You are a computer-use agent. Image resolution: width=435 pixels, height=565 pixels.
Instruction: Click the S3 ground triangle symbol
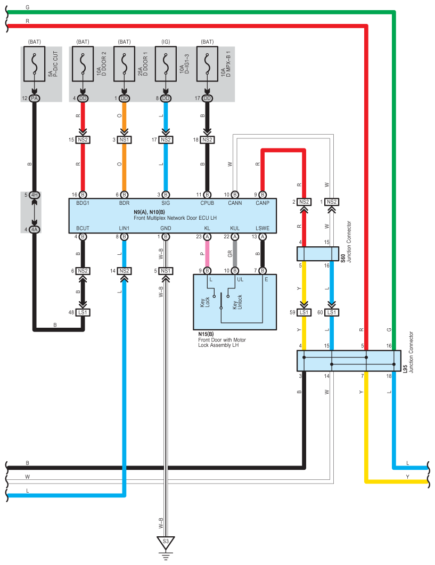(x=166, y=542)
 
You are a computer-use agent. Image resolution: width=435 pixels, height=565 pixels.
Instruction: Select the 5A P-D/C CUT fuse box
(x=34, y=64)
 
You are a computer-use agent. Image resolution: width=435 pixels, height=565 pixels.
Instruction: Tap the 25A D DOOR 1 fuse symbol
(x=124, y=64)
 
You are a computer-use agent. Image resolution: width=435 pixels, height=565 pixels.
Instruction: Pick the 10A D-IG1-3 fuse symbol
(x=166, y=64)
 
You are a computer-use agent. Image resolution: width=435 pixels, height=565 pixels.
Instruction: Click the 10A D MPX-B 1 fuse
(x=207, y=64)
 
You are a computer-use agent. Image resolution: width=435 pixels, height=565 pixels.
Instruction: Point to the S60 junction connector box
(x=318, y=254)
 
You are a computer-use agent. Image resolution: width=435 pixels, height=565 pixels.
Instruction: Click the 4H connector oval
(x=34, y=195)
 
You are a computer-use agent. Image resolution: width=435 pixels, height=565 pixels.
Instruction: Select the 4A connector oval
(x=34, y=229)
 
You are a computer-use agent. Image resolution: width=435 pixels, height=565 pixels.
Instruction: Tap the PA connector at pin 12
(x=34, y=98)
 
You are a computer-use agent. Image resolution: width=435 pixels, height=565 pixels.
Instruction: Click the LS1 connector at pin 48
(x=83, y=312)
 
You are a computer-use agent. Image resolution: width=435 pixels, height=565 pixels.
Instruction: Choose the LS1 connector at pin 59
(x=303, y=312)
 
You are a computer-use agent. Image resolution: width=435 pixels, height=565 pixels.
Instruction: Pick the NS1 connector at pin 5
(x=166, y=271)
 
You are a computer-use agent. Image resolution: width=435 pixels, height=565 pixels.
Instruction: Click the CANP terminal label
(x=262, y=203)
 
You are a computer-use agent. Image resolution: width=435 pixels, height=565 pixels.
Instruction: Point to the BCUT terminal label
(x=83, y=228)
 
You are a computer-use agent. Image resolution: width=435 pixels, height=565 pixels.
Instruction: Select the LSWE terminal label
(x=262, y=228)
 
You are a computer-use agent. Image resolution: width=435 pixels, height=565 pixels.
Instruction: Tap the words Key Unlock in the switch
(x=237, y=302)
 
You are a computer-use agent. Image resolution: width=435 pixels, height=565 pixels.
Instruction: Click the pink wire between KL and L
(x=207, y=254)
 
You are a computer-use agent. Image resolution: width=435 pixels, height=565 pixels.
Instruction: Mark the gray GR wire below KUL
(x=235, y=254)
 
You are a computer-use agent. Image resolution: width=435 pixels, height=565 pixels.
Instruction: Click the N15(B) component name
(x=206, y=334)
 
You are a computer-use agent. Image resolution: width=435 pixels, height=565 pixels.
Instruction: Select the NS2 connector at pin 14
(x=124, y=271)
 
